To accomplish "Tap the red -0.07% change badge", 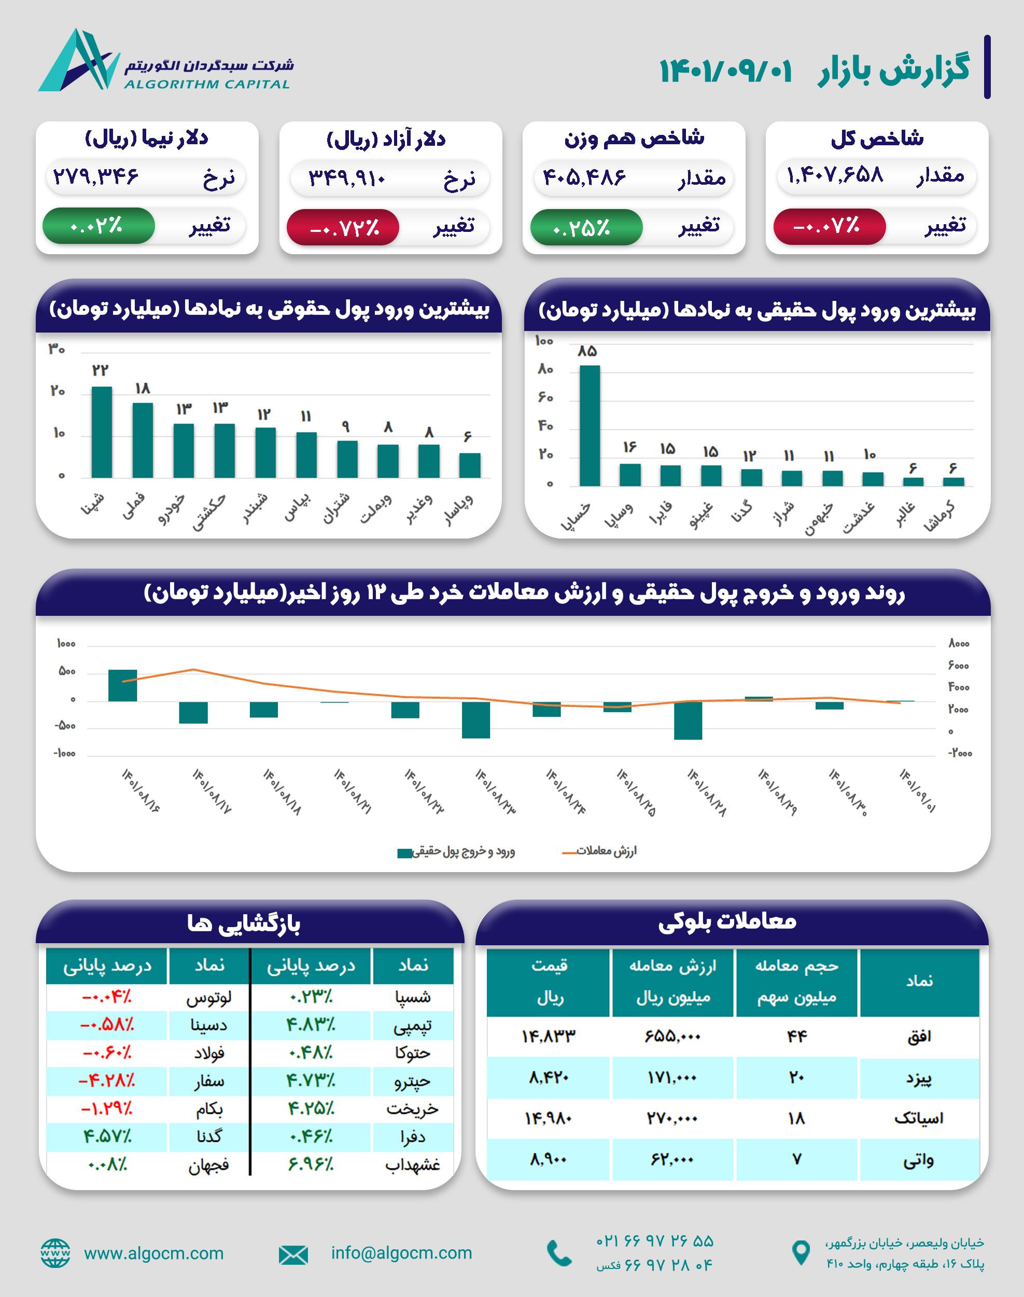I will point(829,226).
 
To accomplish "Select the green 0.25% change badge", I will point(585,227).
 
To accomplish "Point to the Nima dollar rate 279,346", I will point(96,176).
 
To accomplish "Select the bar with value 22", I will point(101,432).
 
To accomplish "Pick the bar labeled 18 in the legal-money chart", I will point(142,440).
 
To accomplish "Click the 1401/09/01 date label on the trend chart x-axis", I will point(917,791).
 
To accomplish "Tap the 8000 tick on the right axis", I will point(958,644).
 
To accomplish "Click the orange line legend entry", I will point(599,851).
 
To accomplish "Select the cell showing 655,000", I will point(672,1036).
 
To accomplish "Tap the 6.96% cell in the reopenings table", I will point(311,1164).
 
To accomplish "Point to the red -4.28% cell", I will point(107,1081).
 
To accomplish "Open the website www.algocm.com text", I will point(153,1253).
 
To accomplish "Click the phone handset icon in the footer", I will point(559,1253).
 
